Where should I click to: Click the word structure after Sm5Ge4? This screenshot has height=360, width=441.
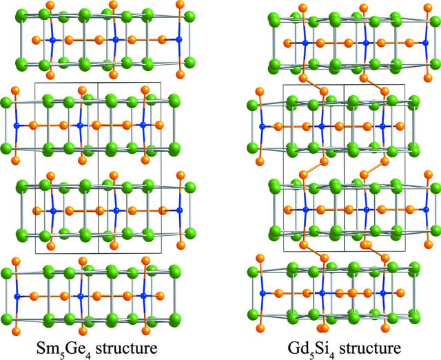coord(127,348)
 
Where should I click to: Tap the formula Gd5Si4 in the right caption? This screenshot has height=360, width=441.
coord(311,349)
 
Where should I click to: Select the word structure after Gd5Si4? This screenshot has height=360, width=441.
coord(370,348)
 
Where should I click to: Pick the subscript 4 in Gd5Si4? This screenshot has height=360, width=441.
coord(332,352)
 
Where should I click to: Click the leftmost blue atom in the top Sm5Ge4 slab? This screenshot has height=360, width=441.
coord(52,40)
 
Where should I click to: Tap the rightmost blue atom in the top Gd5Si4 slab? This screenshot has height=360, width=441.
coord(426,43)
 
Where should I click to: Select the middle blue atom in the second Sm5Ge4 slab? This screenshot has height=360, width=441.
coord(80,126)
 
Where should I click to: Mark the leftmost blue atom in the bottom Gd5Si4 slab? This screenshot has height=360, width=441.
coord(263,293)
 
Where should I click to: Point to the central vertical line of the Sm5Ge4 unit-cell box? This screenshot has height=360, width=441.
coord(98,168)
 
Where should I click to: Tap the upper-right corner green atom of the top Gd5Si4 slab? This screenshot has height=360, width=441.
coord(435,21)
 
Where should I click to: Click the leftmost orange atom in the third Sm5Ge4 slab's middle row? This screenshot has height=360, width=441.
coord(37,210)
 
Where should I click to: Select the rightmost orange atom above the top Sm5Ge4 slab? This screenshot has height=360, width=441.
coord(180,5)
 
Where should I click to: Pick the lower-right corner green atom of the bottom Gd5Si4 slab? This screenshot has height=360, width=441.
coord(414,313)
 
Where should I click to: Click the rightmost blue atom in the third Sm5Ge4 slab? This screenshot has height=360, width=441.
coord(179,210)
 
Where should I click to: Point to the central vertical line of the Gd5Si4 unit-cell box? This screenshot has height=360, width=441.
coord(344,168)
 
